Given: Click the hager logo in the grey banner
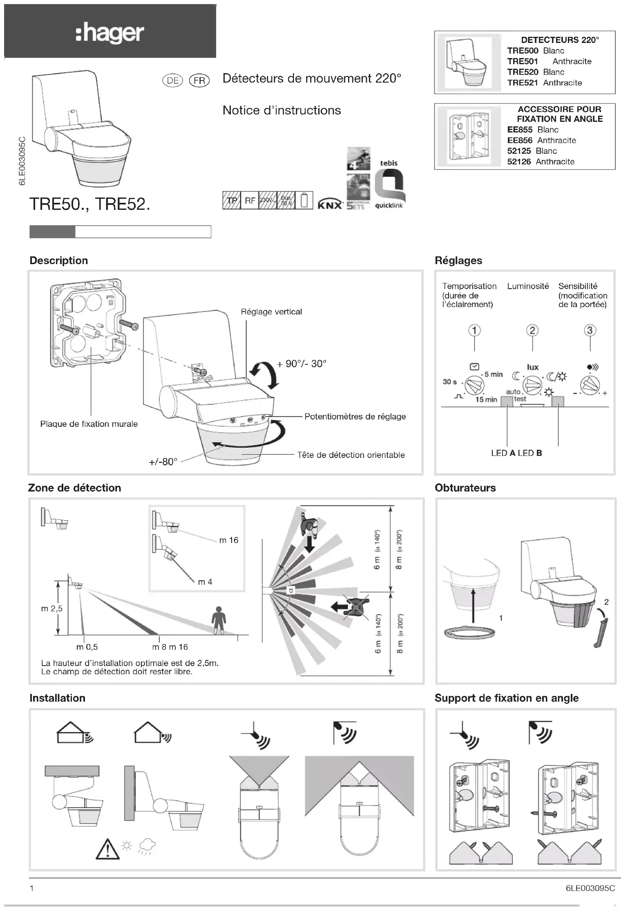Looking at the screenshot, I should pyautogui.click(x=109, y=33).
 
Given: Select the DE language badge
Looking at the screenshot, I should pyautogui.click(x=172, y=81).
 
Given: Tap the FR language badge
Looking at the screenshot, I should pyautogui.click(x=199, y=81).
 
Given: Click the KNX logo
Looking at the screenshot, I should pyautogui.click(x=330, y=204).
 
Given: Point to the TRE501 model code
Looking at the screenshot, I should pyautogui.click(x=522, y=61).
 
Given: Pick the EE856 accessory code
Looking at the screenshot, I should pyautogui.click(x=520, y=140).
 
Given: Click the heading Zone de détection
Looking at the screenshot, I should pyautogui.click(x=74, y=488).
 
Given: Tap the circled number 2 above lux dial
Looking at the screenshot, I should pyautogui.click(x=532, y=330).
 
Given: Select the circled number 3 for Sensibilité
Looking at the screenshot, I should pyautogui.click(x=590, y=330).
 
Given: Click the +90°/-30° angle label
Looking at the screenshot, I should pyautogui.click(x=302, y=364).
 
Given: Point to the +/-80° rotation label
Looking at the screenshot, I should pyautogui.click(x=163, y=462).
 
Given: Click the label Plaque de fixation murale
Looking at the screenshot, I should pyautogui.click(x=89, y=424).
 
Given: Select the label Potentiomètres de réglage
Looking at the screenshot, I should pyautogui.click(x=355, y=417).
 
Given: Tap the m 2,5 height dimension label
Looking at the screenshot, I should pyautogui.click(x=52, y=608).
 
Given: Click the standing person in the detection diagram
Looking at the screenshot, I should pyautogui.click(x=219, y=620).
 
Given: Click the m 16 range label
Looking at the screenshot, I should pyautogui.click(x=228, y=540).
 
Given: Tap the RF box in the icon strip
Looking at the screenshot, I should pyautogui.click(x=250, y=200).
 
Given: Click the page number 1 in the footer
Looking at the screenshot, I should pyautogui.click(x=32, y=888).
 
